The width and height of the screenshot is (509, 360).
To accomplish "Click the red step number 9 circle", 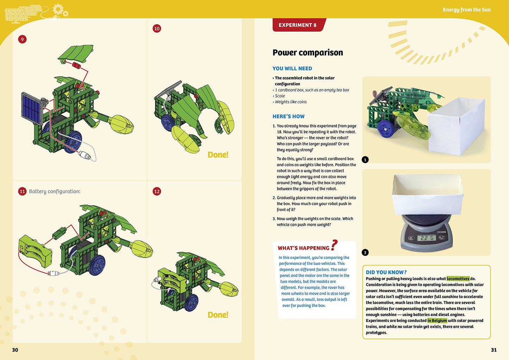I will [x=22, y=39].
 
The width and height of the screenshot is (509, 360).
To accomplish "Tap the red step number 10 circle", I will [x=157, y=29].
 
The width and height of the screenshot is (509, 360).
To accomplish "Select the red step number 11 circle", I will [x=22, y=191].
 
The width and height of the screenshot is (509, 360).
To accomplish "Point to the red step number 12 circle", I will [x=157, y=191].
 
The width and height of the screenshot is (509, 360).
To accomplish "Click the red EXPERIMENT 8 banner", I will [x=298, y=25].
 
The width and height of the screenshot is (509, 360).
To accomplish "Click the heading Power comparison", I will [x=308, y=52].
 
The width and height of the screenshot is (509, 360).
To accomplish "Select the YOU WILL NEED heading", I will [x=292, y=69].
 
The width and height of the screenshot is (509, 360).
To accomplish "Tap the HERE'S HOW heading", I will [x=288, y=116].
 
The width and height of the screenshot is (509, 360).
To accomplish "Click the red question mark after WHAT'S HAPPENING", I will [x=334, y=245].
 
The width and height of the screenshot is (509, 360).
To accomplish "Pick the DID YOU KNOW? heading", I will [x=386, y=272].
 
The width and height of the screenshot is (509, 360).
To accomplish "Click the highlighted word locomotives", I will [x=458, y=279].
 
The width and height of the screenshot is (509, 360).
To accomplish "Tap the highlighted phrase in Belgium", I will [x=437, y=321].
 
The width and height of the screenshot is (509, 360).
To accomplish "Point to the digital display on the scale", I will [x=427, y=238].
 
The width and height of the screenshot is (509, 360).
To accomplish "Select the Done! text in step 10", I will [x=218, y=155].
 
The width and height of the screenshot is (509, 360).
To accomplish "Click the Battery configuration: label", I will [x=55, y=191].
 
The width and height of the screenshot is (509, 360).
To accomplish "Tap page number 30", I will [x=15, y=350].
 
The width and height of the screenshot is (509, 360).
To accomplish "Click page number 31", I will [x=494, y=350].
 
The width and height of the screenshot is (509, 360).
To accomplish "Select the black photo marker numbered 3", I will [x=365, y=252].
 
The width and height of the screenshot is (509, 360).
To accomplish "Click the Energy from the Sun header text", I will [x=466, y=10].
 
